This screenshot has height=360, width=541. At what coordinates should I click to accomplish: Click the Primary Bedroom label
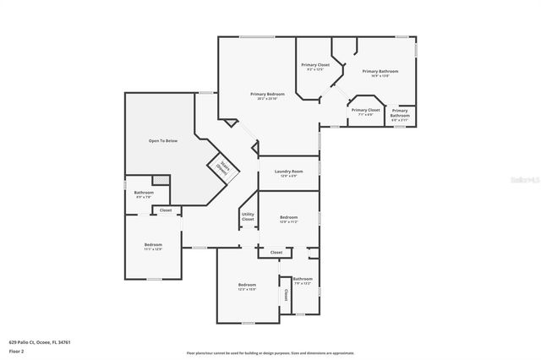[x=265, y=95]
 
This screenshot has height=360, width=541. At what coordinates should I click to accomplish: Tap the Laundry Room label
[x=288, y=173]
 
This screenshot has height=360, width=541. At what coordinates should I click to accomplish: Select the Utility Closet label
[x=248, y=216]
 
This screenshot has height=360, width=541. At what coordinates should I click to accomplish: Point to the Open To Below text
[x=163, y=140]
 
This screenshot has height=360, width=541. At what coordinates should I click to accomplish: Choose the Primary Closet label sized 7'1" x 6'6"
[x=366, y=112]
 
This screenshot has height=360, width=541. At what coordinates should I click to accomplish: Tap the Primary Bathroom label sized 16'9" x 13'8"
[x=380, y=73]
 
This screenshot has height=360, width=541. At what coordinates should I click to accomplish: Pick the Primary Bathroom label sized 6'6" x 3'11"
[x=400, y=114]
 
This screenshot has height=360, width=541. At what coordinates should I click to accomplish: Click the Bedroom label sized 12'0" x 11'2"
[x=288, y=219]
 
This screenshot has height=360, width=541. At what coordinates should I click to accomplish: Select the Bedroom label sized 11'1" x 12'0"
[x=153, y=246]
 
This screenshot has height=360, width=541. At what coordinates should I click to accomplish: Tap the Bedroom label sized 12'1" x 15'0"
[x=247, y=286]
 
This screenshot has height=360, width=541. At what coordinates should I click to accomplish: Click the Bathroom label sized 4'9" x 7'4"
[x=144, y=194]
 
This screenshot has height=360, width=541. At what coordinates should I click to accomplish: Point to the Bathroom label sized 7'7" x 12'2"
[x=303, y=281]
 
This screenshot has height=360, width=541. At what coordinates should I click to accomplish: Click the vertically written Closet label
[x=286, y=296]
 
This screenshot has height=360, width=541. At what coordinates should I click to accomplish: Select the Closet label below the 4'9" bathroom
[x=166, y=210]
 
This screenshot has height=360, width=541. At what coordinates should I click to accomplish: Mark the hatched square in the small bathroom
[x=160, y=180]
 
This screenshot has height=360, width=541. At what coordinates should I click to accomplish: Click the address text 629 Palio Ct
[x=40, y=342]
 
